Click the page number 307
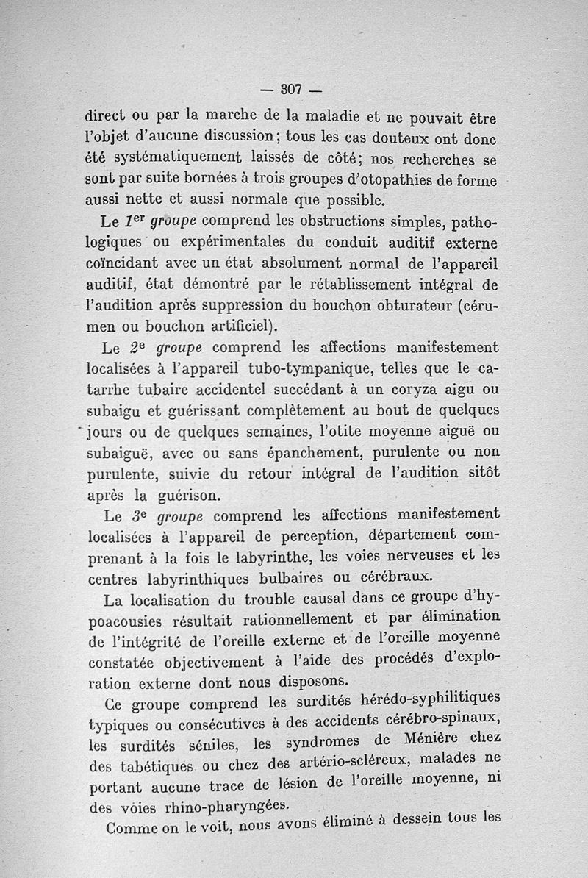click(x=292, y=90)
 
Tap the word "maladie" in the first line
click(x=326, y=115)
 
